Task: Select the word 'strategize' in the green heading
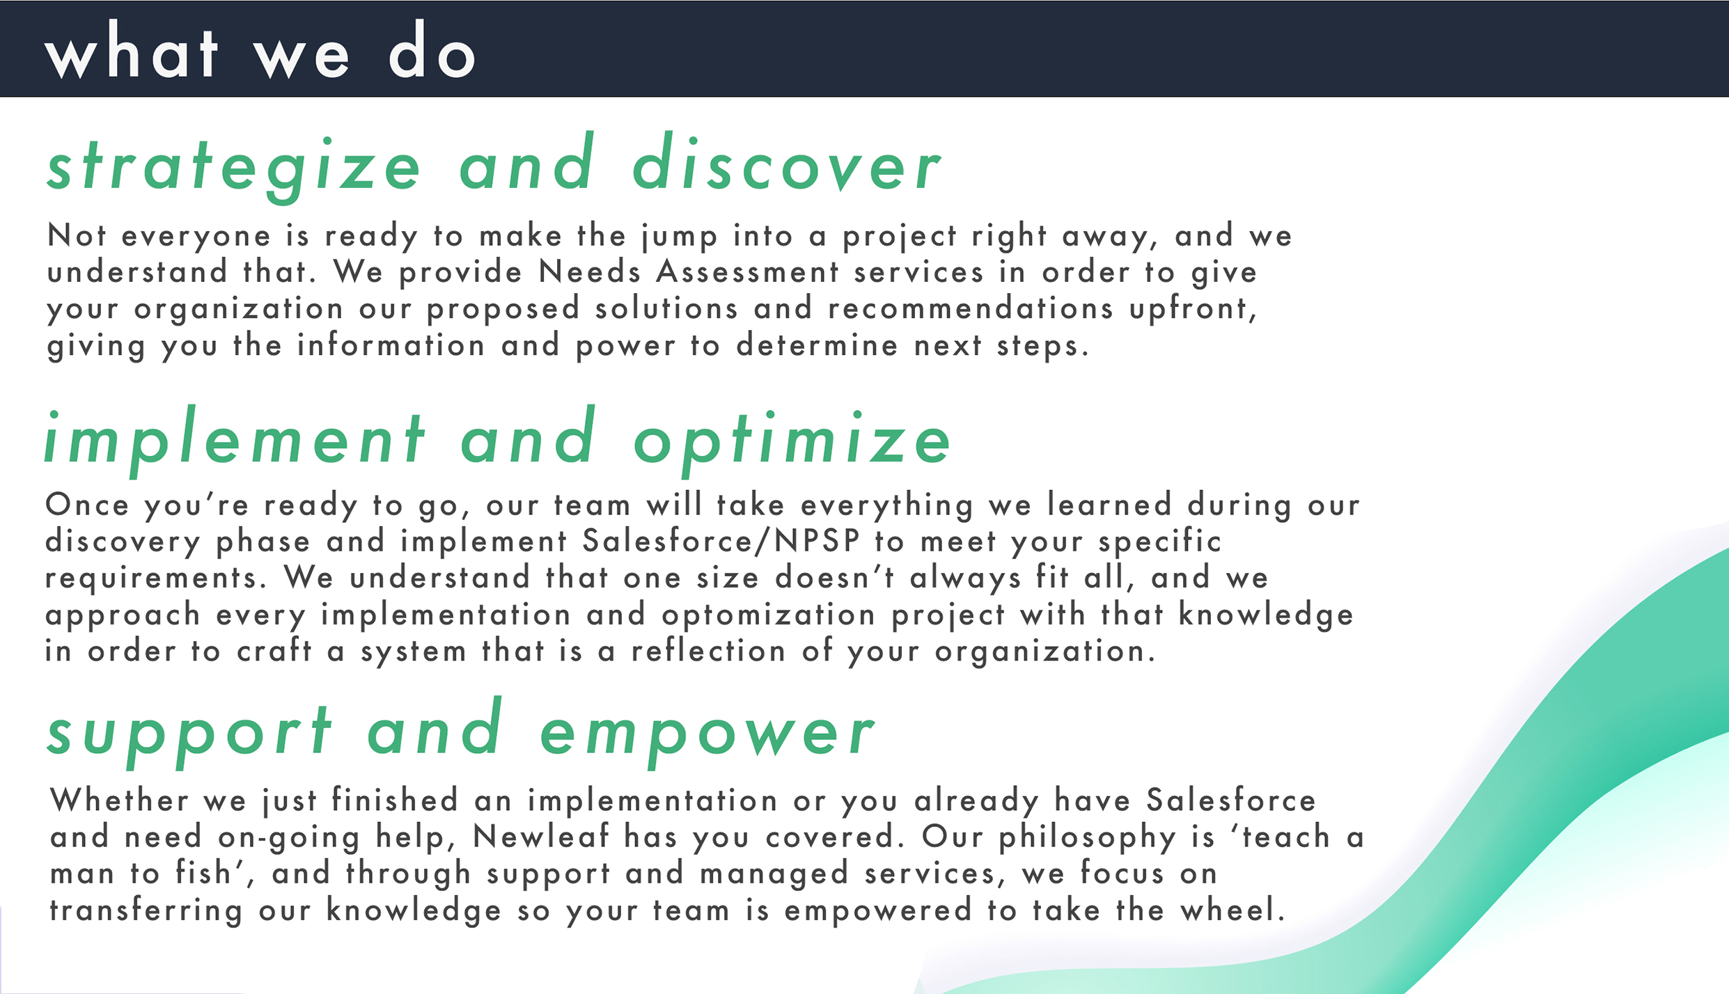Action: (234, 168)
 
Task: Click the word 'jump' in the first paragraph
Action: (680, 237)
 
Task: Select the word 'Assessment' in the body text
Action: (748, 271)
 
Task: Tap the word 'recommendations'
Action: (971, 308)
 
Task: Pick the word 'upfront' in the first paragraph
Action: (1193, 309)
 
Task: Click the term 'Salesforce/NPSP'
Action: (721, 541)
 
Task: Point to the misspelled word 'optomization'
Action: (769, 615)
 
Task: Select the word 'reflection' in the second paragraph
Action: (709, 651)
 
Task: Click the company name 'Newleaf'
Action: (541, 836)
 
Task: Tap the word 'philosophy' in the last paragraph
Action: (1087, 838)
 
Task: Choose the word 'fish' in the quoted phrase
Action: (203, 873)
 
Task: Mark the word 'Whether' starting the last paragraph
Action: (119, 800)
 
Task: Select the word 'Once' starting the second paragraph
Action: (87, 505)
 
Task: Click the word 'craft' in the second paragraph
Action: (274, 651)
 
